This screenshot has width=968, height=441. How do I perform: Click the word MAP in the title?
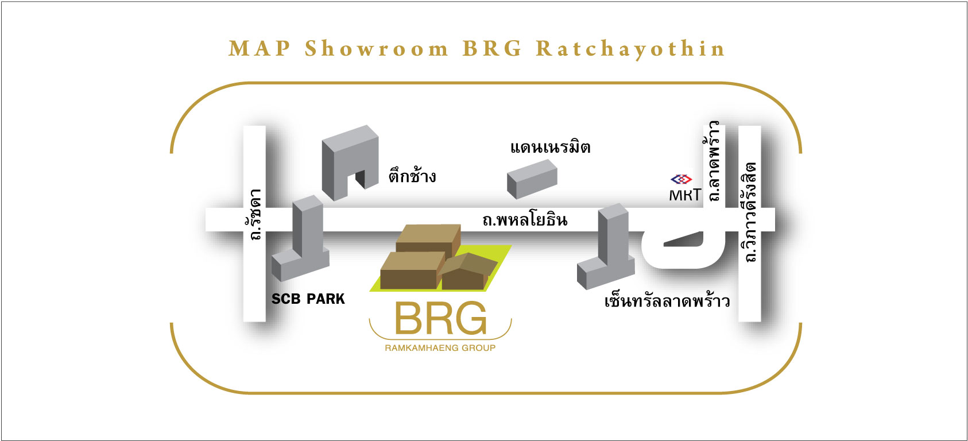260,48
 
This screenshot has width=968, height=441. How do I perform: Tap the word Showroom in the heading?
377,48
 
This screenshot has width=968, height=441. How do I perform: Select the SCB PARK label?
308,299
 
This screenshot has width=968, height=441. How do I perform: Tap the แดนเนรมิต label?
550,148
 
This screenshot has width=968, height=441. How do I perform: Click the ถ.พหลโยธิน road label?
525,219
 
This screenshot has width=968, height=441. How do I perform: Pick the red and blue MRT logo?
682,179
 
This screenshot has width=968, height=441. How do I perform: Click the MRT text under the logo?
685,195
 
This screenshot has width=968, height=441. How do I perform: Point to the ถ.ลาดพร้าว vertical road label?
715,161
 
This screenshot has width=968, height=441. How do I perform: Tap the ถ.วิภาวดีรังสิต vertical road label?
750,212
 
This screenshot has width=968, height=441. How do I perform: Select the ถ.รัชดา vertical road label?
254,214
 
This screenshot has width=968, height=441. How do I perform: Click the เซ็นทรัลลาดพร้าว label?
667,301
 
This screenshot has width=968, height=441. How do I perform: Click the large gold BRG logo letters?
441,319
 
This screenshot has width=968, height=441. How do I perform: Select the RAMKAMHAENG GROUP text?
440,348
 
